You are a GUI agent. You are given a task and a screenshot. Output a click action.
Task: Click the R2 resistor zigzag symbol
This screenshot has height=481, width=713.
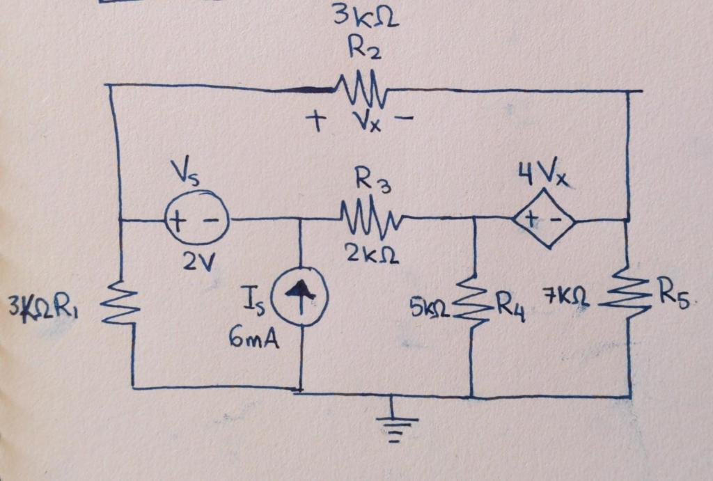click(361, 88)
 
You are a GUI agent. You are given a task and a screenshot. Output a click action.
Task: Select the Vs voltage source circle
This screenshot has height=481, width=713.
click(196, 219)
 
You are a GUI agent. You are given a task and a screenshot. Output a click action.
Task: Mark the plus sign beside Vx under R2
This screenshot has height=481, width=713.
click(315, 123)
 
